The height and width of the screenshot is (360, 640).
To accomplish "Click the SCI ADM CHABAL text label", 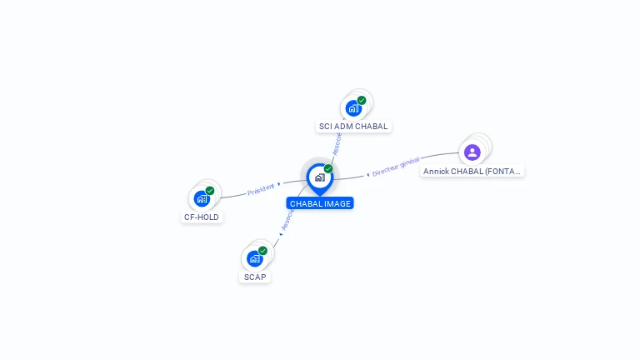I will (x=353, y=127).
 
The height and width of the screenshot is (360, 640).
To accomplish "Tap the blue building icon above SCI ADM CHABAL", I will (x=353, y=108).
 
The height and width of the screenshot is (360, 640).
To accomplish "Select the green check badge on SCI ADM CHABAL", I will (x=362, y=101).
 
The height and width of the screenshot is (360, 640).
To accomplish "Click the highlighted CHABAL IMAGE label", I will (x=320, y=203).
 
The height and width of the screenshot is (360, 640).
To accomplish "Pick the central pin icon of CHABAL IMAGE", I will (x=319, y=177).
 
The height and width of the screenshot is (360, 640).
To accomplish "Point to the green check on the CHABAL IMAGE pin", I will (x=328, y=169).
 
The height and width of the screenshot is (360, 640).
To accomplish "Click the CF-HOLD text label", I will (x=202, y=217).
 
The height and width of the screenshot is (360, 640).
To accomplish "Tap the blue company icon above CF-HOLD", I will (x=202, y=198).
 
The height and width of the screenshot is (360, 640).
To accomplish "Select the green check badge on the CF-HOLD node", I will (x=210, y=191).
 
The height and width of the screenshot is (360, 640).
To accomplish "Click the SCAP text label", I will (x=255, y=277).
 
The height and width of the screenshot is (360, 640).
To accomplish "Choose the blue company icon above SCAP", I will (x=255, y=258).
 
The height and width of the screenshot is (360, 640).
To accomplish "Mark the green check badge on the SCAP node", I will (x=263, y=251).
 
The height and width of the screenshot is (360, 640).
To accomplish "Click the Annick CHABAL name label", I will (x=472, y=171).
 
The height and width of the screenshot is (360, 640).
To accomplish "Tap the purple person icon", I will (x=472, y=152).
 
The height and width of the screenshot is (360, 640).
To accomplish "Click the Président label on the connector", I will (x=261, y=190).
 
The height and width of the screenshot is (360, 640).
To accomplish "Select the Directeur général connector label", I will (x=396, y=167).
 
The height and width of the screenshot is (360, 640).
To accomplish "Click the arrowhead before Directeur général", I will (x=367, y=175).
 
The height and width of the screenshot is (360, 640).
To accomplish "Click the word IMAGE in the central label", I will (x=337, y=203).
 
